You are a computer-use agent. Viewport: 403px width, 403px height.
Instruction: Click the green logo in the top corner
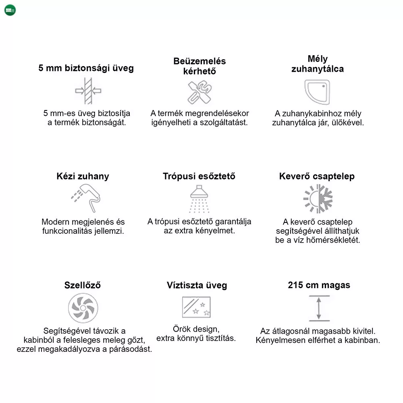point(10,10)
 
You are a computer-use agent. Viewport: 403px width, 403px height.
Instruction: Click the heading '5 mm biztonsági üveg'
point(86,68)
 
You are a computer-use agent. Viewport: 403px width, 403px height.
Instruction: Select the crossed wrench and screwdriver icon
point(199,92)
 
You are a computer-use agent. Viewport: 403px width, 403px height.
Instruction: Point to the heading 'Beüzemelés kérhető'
point(199,66)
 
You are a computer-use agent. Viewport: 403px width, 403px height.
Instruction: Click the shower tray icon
point(317,91)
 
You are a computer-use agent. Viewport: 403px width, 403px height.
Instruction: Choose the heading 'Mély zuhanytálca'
point(318,64)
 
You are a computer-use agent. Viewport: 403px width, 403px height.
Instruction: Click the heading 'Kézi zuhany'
point(83,177)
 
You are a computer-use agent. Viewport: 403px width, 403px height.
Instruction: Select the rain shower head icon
point(199,198)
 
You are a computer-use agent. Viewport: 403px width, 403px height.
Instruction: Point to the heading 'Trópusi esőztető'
point(199,177)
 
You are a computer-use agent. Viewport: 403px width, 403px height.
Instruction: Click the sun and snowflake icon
point(318,199)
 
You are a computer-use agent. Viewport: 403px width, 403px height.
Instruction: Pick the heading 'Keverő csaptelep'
point(317,177)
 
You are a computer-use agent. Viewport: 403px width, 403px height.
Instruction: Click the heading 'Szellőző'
point(83,285)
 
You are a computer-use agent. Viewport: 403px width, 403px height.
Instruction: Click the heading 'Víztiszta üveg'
point(197,285)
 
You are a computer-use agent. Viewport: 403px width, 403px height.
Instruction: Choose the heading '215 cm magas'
point(319,285)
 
